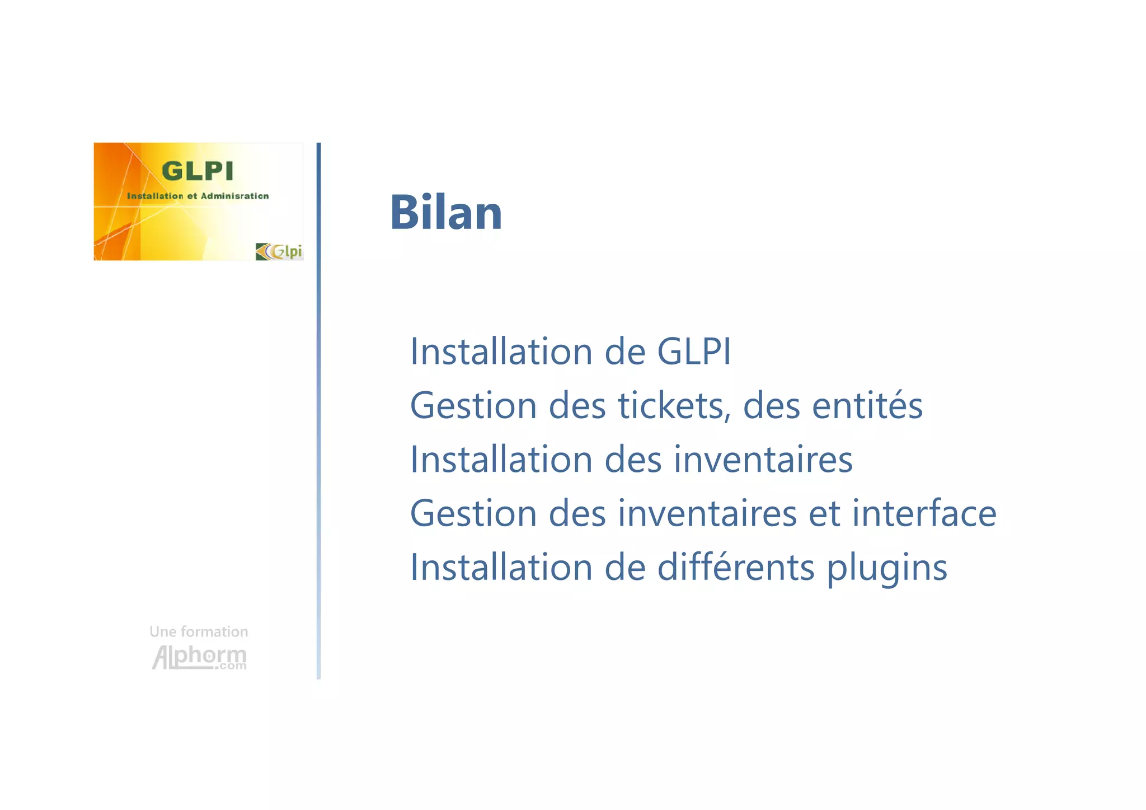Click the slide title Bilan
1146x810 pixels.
446,213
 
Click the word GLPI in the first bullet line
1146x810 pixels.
693,352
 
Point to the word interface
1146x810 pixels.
924,513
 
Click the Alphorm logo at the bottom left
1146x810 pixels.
199,657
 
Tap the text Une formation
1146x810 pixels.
199,632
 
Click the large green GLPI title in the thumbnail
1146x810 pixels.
197,171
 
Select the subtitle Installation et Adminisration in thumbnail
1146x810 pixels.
198,196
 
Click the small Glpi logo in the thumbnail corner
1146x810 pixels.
279,251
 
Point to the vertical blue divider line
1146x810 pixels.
318,411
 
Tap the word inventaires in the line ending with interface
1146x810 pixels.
707,513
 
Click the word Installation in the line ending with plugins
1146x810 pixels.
501,567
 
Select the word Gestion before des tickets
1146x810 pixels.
473,406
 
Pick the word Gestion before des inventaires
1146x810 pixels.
473,513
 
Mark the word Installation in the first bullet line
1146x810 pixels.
501,352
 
